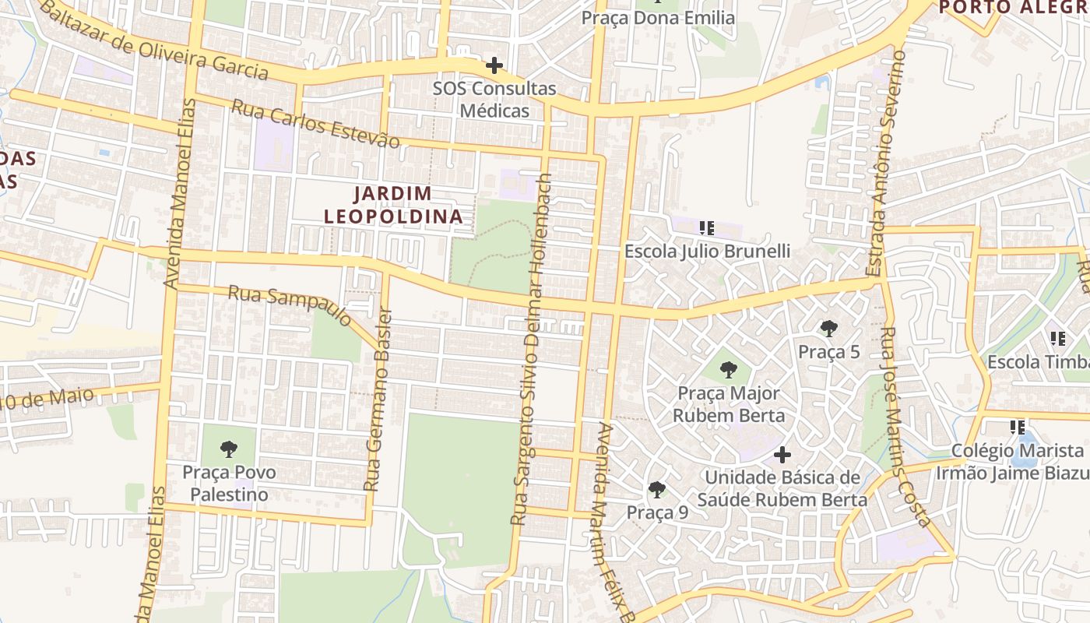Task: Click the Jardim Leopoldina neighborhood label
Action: click(x=393, y=205)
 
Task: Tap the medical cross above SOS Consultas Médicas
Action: click(x=494, y=65)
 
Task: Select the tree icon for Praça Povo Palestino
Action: click(x=228, y=449)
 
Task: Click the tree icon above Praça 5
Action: click(x=829, y=329)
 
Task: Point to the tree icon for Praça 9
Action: click(x=657, y=490)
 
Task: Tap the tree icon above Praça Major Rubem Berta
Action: click(x=729, y=370)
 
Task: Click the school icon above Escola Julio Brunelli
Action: click(x=707, y=228)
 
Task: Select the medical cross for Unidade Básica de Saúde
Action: click(x=782, y=454)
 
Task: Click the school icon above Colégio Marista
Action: click(x=1018, y=427)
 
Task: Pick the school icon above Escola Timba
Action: click(x=1058, y=339)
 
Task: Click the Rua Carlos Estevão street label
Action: click(x=315, y=123)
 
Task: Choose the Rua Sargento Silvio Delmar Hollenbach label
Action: click(x=533, y=348)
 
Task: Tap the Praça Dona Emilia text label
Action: click(x=659, y=17)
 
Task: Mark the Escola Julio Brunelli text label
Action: click(x=707, y=251)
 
